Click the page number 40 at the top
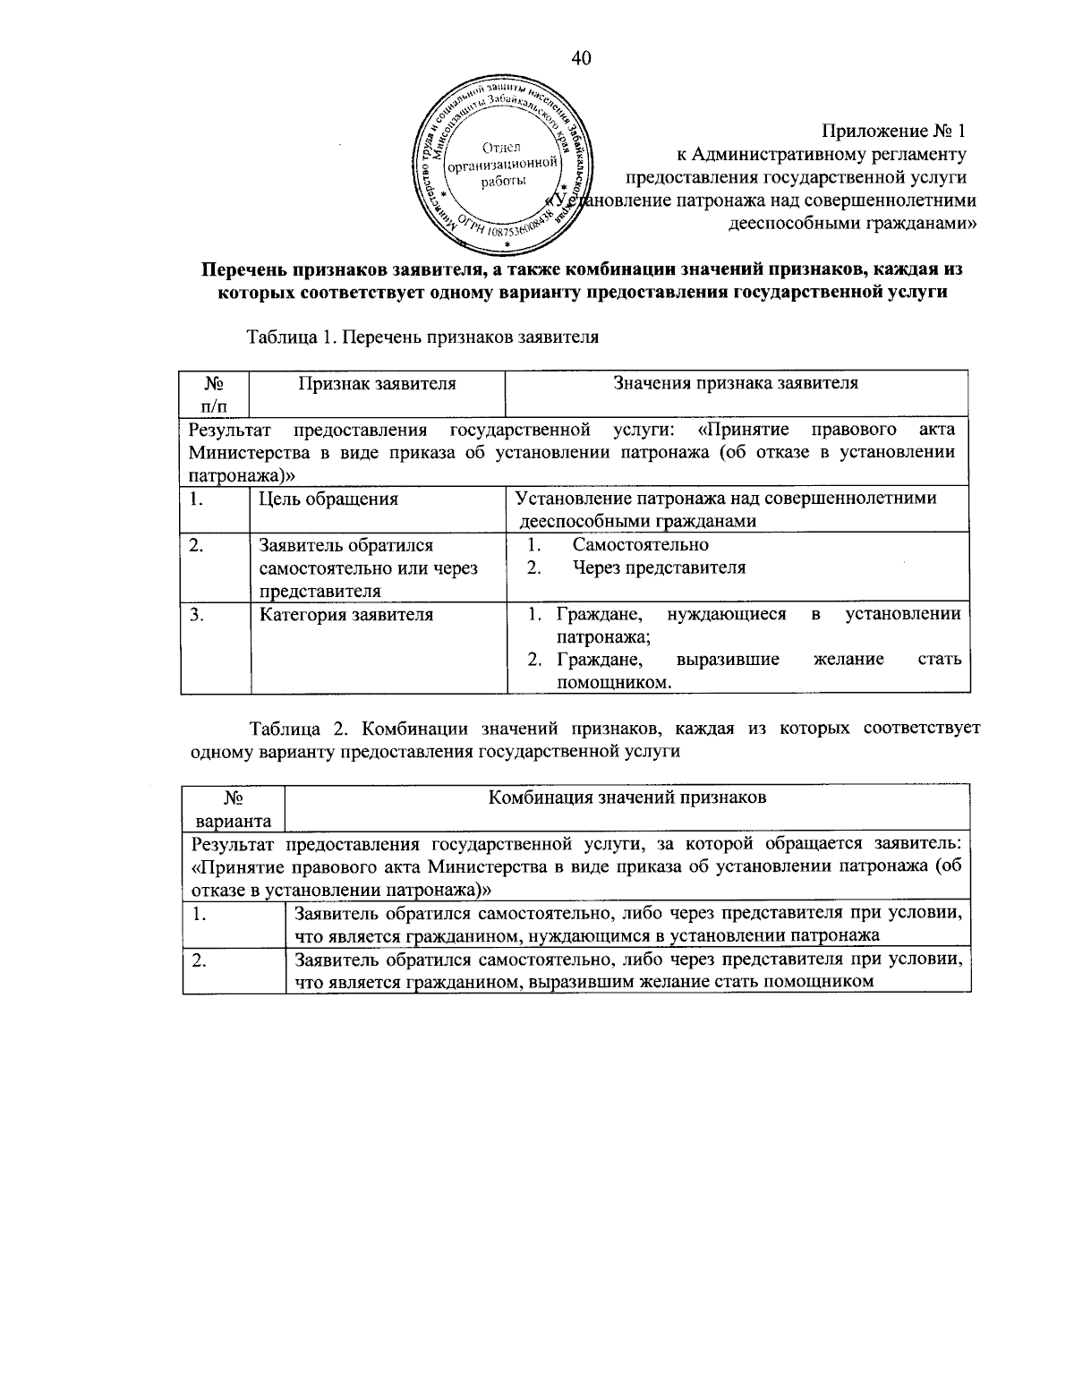pyautogui.click(x=581, y=59)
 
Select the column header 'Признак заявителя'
pyautogui.click(x=377, y=384)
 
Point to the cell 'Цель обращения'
pyautogui.click(x=328, y=499)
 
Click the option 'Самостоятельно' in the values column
pyautogui.click(x=641, y=545)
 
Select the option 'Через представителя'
pyautogui.click(x=660, y=567)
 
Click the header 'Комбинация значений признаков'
pyautogui.click(x=626, y=797)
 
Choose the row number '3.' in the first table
pyautogui.click(x=197, y=615)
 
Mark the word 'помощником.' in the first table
pyautogui.click(x=614, y=683)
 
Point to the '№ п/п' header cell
pyautogui.click(x=214, y=395)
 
